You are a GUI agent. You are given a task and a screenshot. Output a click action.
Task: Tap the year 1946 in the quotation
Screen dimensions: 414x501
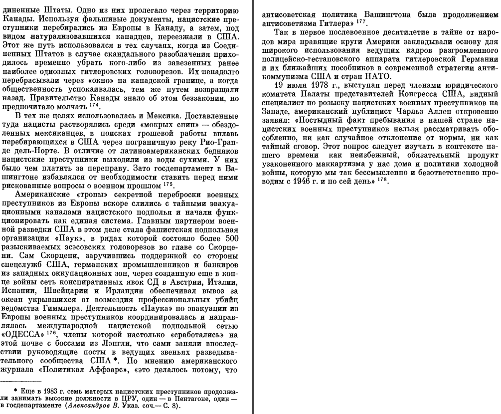pos(333,180)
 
